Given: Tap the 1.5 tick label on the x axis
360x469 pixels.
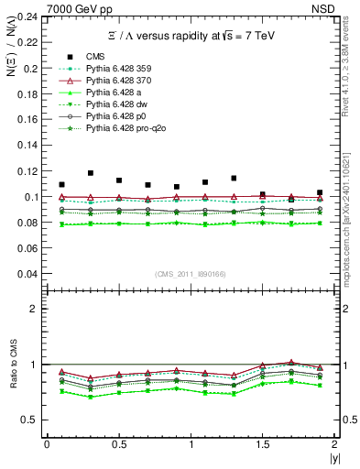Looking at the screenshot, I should point(262,444).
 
